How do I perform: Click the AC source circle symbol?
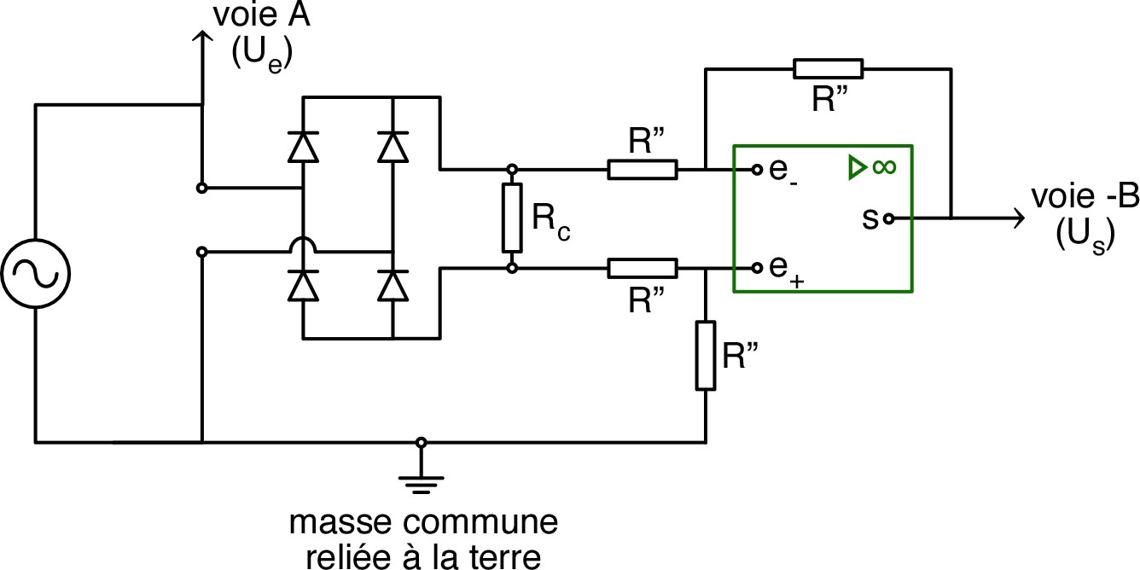(x=35, y=274)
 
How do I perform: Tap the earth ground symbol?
(x=421, y=481)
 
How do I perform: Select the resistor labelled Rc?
(x=511, y=218)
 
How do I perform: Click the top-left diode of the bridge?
(x=304, y=147)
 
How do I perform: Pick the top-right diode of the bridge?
(x=393, y=147)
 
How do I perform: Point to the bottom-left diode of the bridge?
(x=304, y=286)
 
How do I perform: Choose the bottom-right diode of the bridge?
(x=393, y=286)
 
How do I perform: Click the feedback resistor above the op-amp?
(x=827, y=69)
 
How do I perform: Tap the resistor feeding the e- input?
(x=643, y=170)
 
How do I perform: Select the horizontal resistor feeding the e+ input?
(x=643, y=269)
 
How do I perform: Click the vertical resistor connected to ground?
(x=705, y=355)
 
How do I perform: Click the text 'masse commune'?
(x=423, y=521)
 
